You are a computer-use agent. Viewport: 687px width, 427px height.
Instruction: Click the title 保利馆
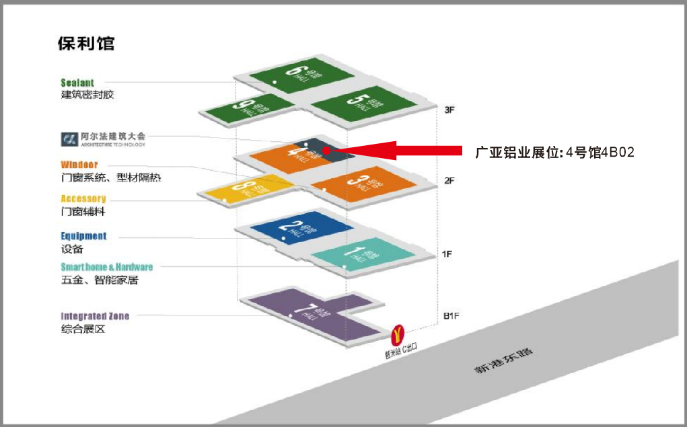point(87,44)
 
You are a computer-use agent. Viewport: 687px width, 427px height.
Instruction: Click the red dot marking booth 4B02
point(326,150)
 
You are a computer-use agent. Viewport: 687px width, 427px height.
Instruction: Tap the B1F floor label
point(451,315)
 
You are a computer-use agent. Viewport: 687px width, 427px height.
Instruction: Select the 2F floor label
point(450,180)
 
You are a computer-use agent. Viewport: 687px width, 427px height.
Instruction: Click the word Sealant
point(77,83)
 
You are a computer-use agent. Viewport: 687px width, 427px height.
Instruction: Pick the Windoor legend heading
point(79,165)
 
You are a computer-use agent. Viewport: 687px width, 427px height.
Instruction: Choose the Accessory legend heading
point(83,198)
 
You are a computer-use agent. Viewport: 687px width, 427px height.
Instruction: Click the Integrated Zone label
point(95,316)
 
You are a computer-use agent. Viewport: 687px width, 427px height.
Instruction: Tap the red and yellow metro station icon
point(398,333)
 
